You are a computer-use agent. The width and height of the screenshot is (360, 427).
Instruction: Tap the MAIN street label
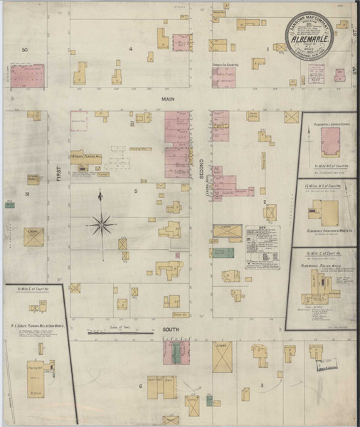coord(168,99)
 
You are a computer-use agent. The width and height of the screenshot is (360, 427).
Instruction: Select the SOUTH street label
coord(170,330)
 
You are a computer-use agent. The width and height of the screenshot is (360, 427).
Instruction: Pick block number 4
coord(131,48)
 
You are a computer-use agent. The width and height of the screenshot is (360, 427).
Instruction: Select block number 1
coord(268,48)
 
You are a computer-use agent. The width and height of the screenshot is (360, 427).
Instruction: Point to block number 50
coord(24,50)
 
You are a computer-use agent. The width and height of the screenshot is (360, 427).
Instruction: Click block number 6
coord(141,386)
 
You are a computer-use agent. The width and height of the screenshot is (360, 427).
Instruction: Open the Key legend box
coord(263,246)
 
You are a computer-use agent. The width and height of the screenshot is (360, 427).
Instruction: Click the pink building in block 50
coord(27,75)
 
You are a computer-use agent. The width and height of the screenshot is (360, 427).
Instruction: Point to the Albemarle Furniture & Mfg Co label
coord(326,231)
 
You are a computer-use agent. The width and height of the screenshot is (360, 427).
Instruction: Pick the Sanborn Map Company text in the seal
coord(310,21)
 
